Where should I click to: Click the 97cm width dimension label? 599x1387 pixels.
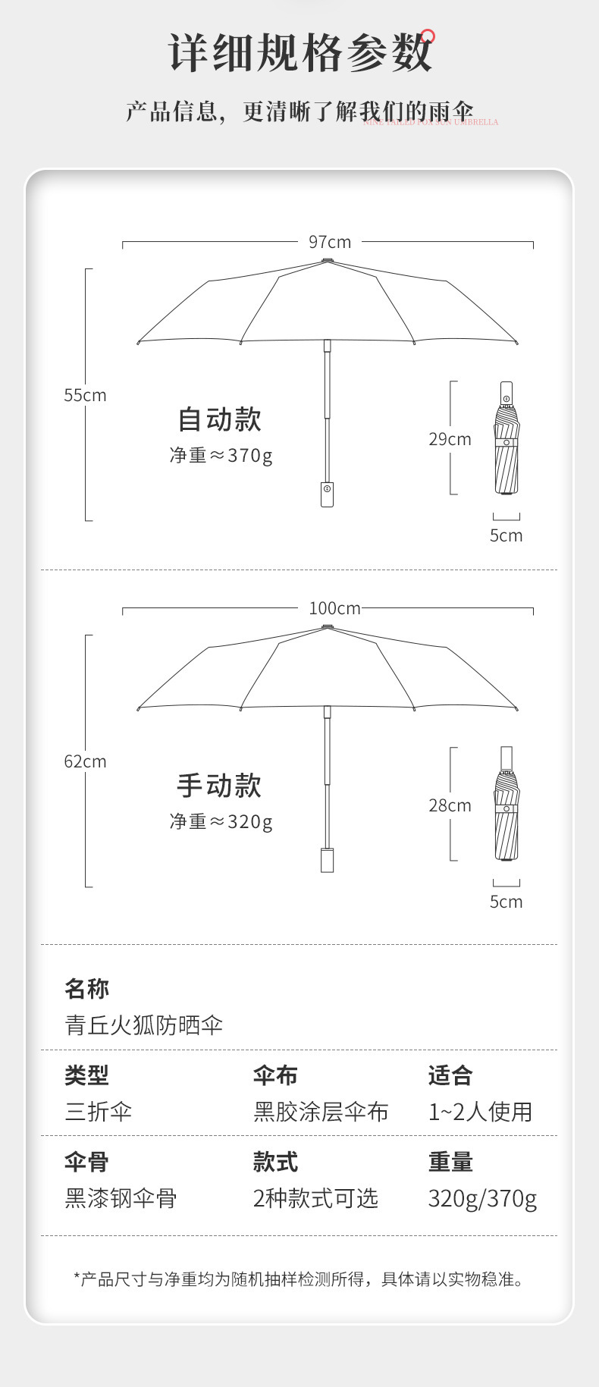(329, 242)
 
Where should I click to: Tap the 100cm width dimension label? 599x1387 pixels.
(334, 608)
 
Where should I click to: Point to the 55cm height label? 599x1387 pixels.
(85, 395)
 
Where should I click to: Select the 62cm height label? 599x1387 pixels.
(85, 761)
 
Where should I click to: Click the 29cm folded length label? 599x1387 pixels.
(450, 439)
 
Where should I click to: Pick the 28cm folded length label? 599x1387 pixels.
(450, 805)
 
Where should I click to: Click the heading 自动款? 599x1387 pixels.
(219, 419)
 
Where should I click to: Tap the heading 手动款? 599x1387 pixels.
(219, 786)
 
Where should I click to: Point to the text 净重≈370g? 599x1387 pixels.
(221, 455)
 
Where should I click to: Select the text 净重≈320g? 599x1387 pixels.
(221, 821)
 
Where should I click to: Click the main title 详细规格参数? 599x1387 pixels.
(299, 53)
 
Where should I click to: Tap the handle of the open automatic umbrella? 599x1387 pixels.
(327, 494)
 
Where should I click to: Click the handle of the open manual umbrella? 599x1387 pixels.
(327, 860)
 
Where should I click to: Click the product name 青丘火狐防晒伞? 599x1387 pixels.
(143, 1025)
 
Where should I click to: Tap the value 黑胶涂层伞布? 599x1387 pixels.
(321, 1112)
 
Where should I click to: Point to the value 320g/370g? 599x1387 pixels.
(482, 1198)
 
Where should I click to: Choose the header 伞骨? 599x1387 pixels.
(86, 1162)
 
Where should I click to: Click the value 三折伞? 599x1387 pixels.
(98, 1112)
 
